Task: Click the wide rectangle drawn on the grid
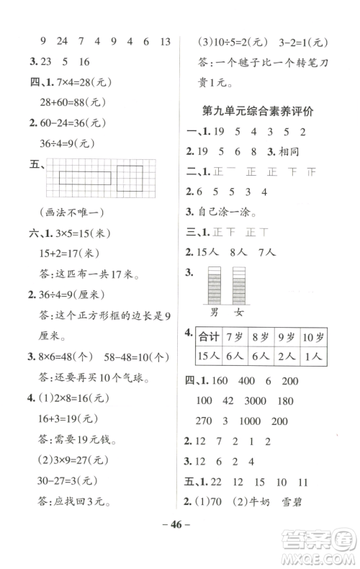pos(85,177)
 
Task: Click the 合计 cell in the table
pos(210,337)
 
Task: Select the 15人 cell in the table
pos(210,357)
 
